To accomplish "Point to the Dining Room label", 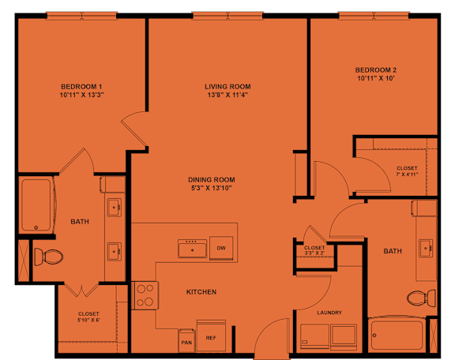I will click(211, 179).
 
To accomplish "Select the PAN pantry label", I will click(186, 342).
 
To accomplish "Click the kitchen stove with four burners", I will click(145, 295).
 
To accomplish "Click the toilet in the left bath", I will click(51, 257).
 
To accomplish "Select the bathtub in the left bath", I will click(36, 205).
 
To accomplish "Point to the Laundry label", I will click(329, 313).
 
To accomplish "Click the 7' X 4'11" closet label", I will click(408, 171).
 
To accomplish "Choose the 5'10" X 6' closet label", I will click(88, 317).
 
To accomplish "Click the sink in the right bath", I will click(427, 246).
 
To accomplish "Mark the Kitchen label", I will click(201, 292).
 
